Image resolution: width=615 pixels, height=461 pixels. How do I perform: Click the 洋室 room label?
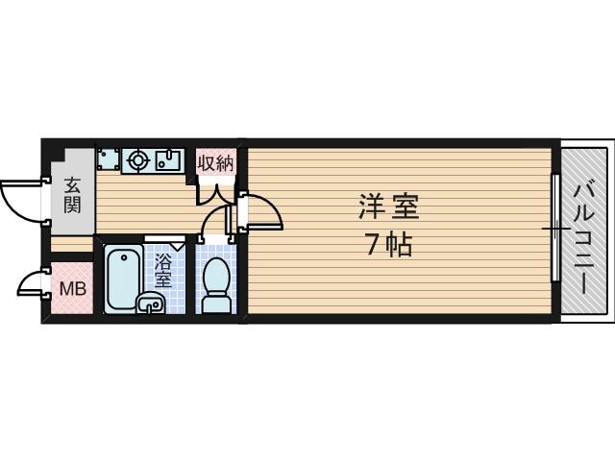(388, 206)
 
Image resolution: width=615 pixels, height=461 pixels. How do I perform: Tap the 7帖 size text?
(388, 246)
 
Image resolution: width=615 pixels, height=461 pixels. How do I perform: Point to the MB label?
(73, 289)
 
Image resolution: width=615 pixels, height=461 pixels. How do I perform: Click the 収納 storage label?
(215, 162)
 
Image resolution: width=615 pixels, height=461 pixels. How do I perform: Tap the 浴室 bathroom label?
(162, 270)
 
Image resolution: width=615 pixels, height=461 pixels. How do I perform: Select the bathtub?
(124, 278)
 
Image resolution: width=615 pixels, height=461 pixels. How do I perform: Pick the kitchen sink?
(170, 159)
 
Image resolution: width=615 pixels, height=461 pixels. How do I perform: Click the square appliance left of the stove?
(108, 159)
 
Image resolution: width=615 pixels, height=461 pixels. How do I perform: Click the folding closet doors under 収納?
(215, 192)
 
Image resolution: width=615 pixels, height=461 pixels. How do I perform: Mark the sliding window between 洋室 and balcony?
(554, 229)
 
